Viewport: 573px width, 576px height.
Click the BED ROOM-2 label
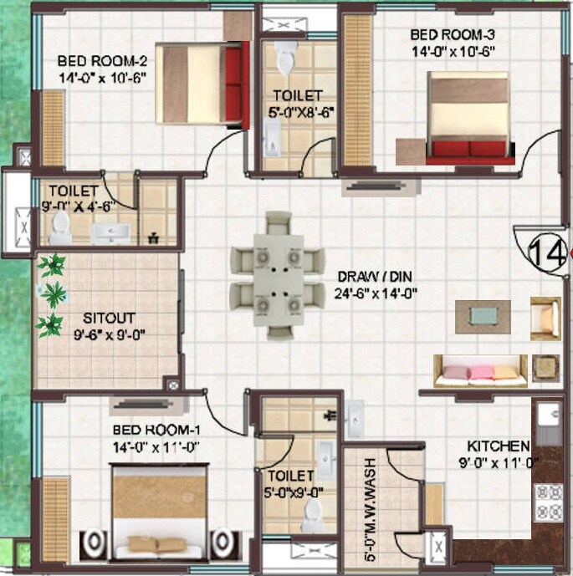click(102, 61)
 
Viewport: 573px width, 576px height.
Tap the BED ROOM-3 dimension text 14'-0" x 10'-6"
click(453, 50)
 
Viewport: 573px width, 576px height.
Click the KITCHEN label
click(498, 446)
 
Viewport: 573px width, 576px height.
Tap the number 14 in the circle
click(547, 252)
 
